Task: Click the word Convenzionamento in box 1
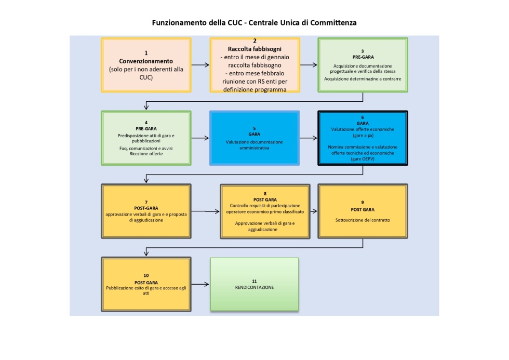click(x=146, y=61)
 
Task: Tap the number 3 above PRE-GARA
click(x=362, y=51)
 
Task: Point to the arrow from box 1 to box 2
click(x=200, y=65)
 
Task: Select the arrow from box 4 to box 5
click(x=200, y=138)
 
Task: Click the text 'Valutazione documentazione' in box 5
click(x=254, y=141)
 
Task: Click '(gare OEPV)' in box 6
click(x=362, y=158)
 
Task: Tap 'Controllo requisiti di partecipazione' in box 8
click(x=265, y=206)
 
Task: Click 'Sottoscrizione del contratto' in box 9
click(x=362, y=220)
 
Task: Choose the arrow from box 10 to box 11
click(x=200, y=285)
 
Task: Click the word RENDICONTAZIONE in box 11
click(x=254, y=287)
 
